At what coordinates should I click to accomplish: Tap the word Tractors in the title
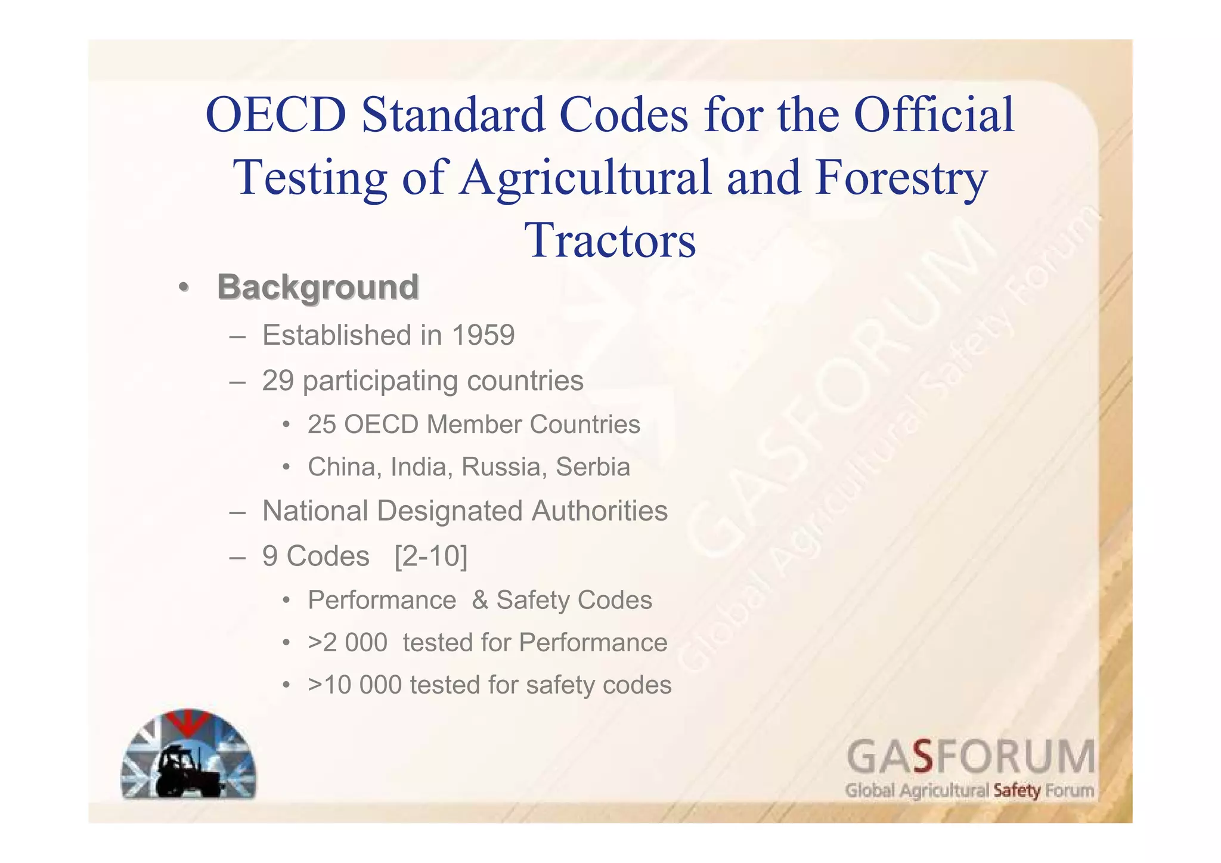click(610, 240)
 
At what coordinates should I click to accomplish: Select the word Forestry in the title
click(901, 177)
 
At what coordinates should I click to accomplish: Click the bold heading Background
click(318, 287)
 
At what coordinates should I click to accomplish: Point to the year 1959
click(483, 335)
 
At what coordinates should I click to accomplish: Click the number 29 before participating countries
click(278, 381)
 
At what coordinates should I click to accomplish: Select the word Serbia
click(593, 467)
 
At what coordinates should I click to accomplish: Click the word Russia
click(504, 467)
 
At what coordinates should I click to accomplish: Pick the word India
click(417, 467)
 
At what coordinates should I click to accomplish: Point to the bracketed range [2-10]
click(431, 556)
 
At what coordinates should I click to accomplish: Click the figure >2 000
click(348, 643)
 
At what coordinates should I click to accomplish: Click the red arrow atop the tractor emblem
click(188, 720)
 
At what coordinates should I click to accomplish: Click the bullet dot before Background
click(184, 287)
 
